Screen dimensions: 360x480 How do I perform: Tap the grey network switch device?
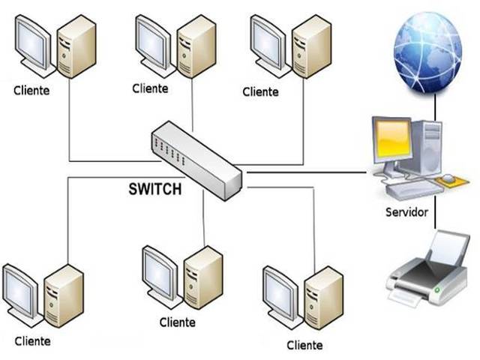click(196, 160)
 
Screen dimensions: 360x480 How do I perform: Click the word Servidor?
click(406, 212)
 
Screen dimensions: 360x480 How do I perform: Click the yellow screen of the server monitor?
click(393, 140)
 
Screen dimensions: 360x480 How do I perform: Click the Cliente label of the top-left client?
click(31, 91)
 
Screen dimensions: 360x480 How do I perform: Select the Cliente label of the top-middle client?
click(150, 88)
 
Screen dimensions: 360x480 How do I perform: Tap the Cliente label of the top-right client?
click(260, 91)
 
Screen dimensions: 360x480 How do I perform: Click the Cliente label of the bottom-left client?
click(32, 340)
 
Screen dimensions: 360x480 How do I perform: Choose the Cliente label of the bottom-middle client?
click(178, 322)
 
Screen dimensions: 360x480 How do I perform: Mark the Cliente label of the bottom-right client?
click(304, 345)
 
